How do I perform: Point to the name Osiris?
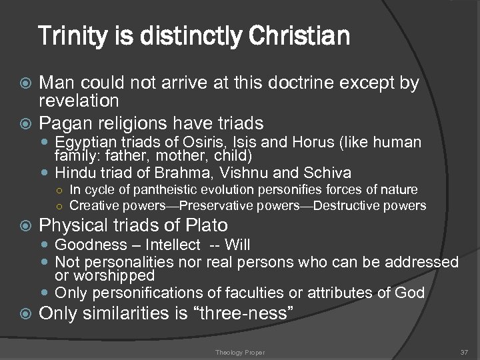point(192,142)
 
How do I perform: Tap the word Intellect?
point(172,245)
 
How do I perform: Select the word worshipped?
point(115,275)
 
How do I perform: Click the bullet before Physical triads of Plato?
point(27,226)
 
